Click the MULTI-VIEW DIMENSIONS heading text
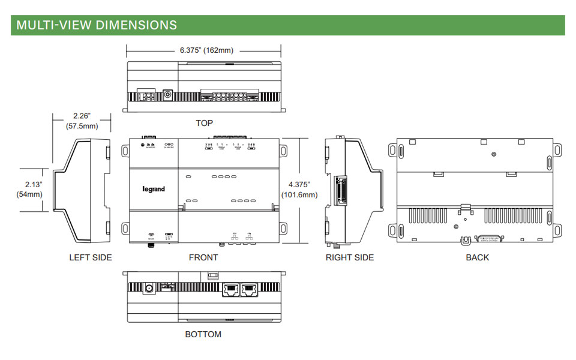[x=97, y=25]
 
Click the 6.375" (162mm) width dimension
[x=206, y=50]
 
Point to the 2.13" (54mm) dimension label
[x=29, y=189]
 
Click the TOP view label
[x=204, y=123]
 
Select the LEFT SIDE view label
[x=90, y=257]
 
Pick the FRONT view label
[x=203, y=257]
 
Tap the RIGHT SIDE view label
[x=350, y=257]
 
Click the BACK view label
[x=477, y=257]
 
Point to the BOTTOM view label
[x=203, y=334]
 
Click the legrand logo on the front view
[x=154, y=189]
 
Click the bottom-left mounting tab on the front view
[x=125, y=229]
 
